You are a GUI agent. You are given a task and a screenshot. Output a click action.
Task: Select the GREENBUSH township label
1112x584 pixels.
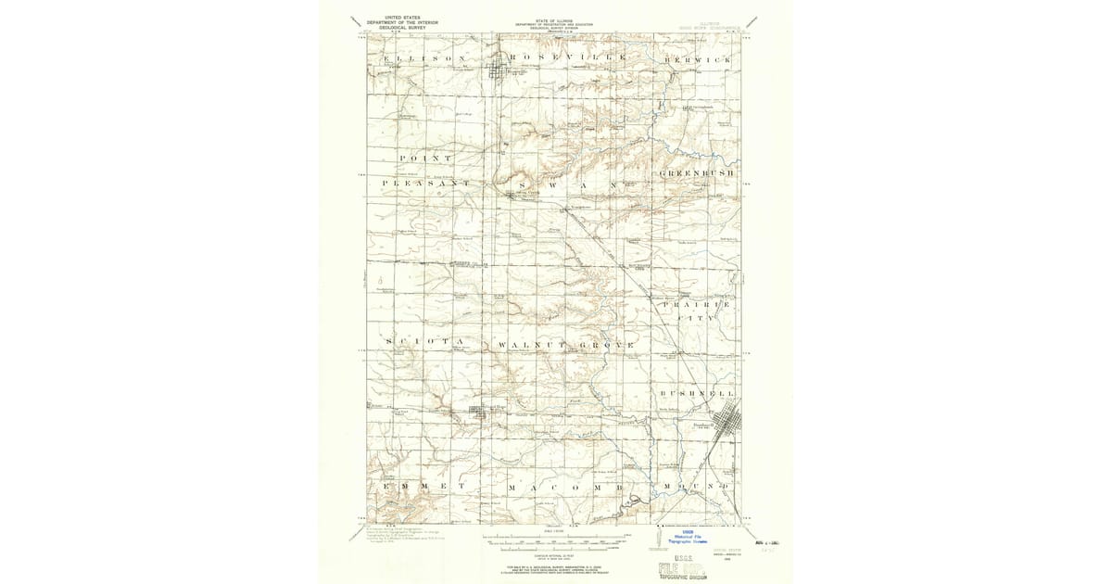click(x=697, y=173)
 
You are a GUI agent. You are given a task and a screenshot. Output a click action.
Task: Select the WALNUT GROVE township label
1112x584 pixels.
click(x=566, y=345)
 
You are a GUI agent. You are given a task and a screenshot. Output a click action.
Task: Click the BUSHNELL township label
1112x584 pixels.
click(x=698, y=394)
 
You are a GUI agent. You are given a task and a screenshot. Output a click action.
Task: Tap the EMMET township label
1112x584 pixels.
click(x=423, y=486)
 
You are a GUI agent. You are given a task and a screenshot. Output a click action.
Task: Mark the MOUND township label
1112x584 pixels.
click(x=697, y=486)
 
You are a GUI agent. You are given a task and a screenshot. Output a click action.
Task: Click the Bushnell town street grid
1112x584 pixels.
click(x=722, y=423)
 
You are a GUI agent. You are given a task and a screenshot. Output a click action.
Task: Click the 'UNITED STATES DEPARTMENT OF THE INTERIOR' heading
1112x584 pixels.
click(x=402, y=23)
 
